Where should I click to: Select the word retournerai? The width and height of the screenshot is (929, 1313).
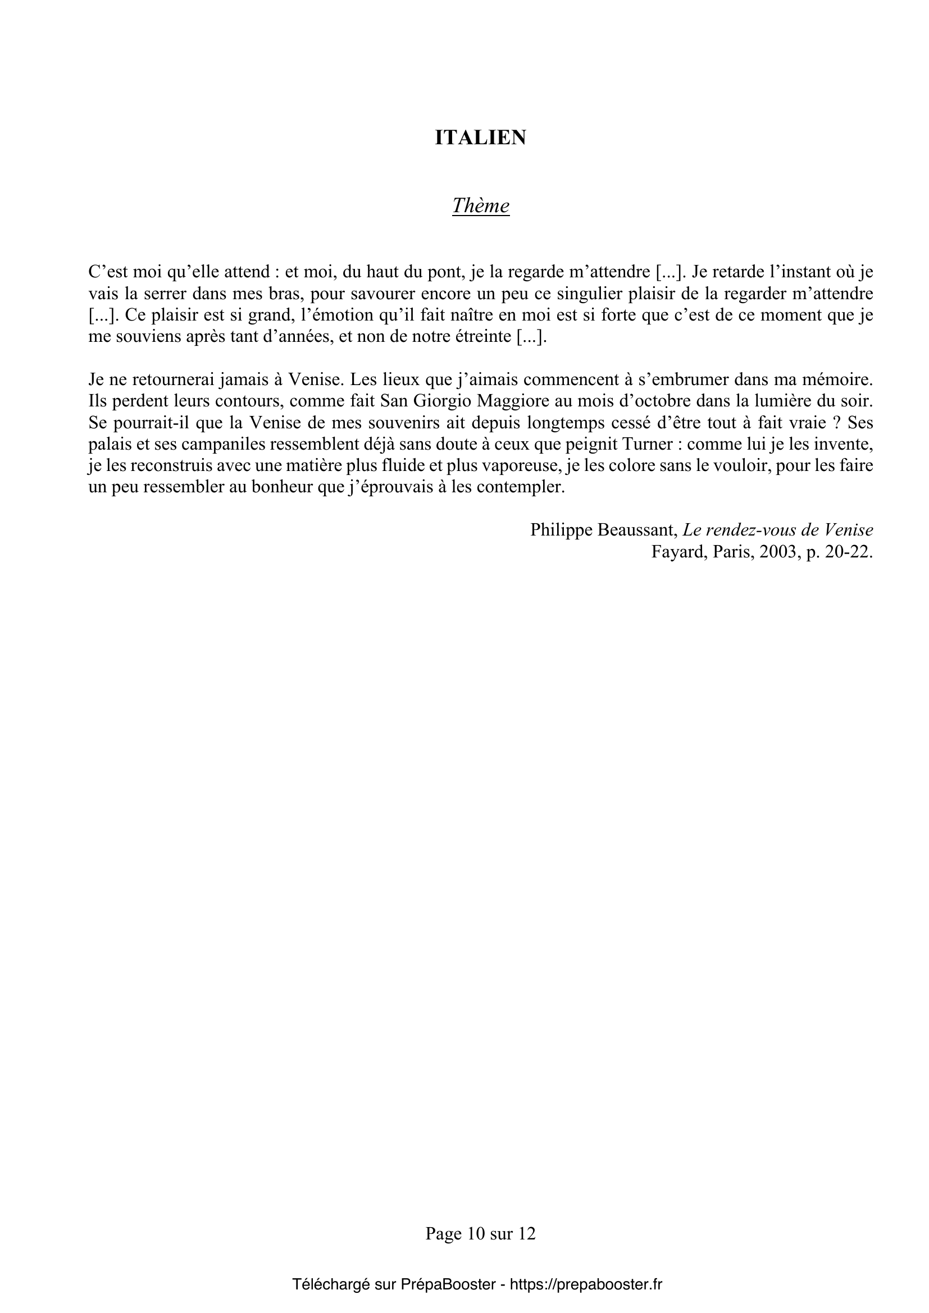pos(163,379)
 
